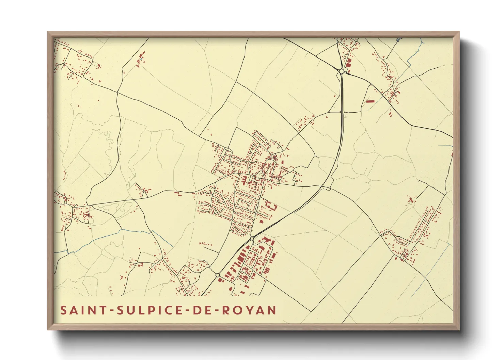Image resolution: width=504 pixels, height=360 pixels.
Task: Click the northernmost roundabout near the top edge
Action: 341,71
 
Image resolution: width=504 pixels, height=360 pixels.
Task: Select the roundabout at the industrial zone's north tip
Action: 252,239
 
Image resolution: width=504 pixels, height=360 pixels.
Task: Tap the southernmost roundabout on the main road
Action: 217,275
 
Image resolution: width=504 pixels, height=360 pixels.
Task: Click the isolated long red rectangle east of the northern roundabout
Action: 370,101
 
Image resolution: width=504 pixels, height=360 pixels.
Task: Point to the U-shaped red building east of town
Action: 270,206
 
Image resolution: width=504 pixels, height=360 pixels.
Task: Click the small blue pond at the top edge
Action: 399,40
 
